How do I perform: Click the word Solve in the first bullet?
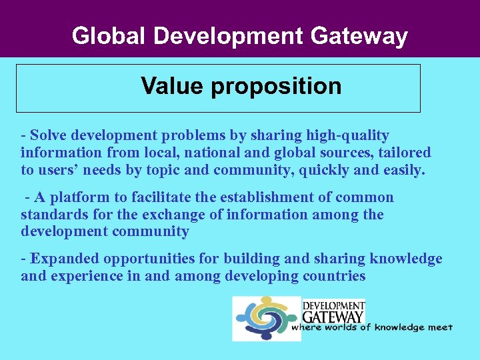[x=49, y=135]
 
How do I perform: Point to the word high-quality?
[x=347, y=136]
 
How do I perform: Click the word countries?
[x=334, y=276]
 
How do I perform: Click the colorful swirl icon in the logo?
[x=267, y=318]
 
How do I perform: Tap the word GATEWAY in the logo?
[x=333, y=315]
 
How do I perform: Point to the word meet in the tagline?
[x=441, y=327]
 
